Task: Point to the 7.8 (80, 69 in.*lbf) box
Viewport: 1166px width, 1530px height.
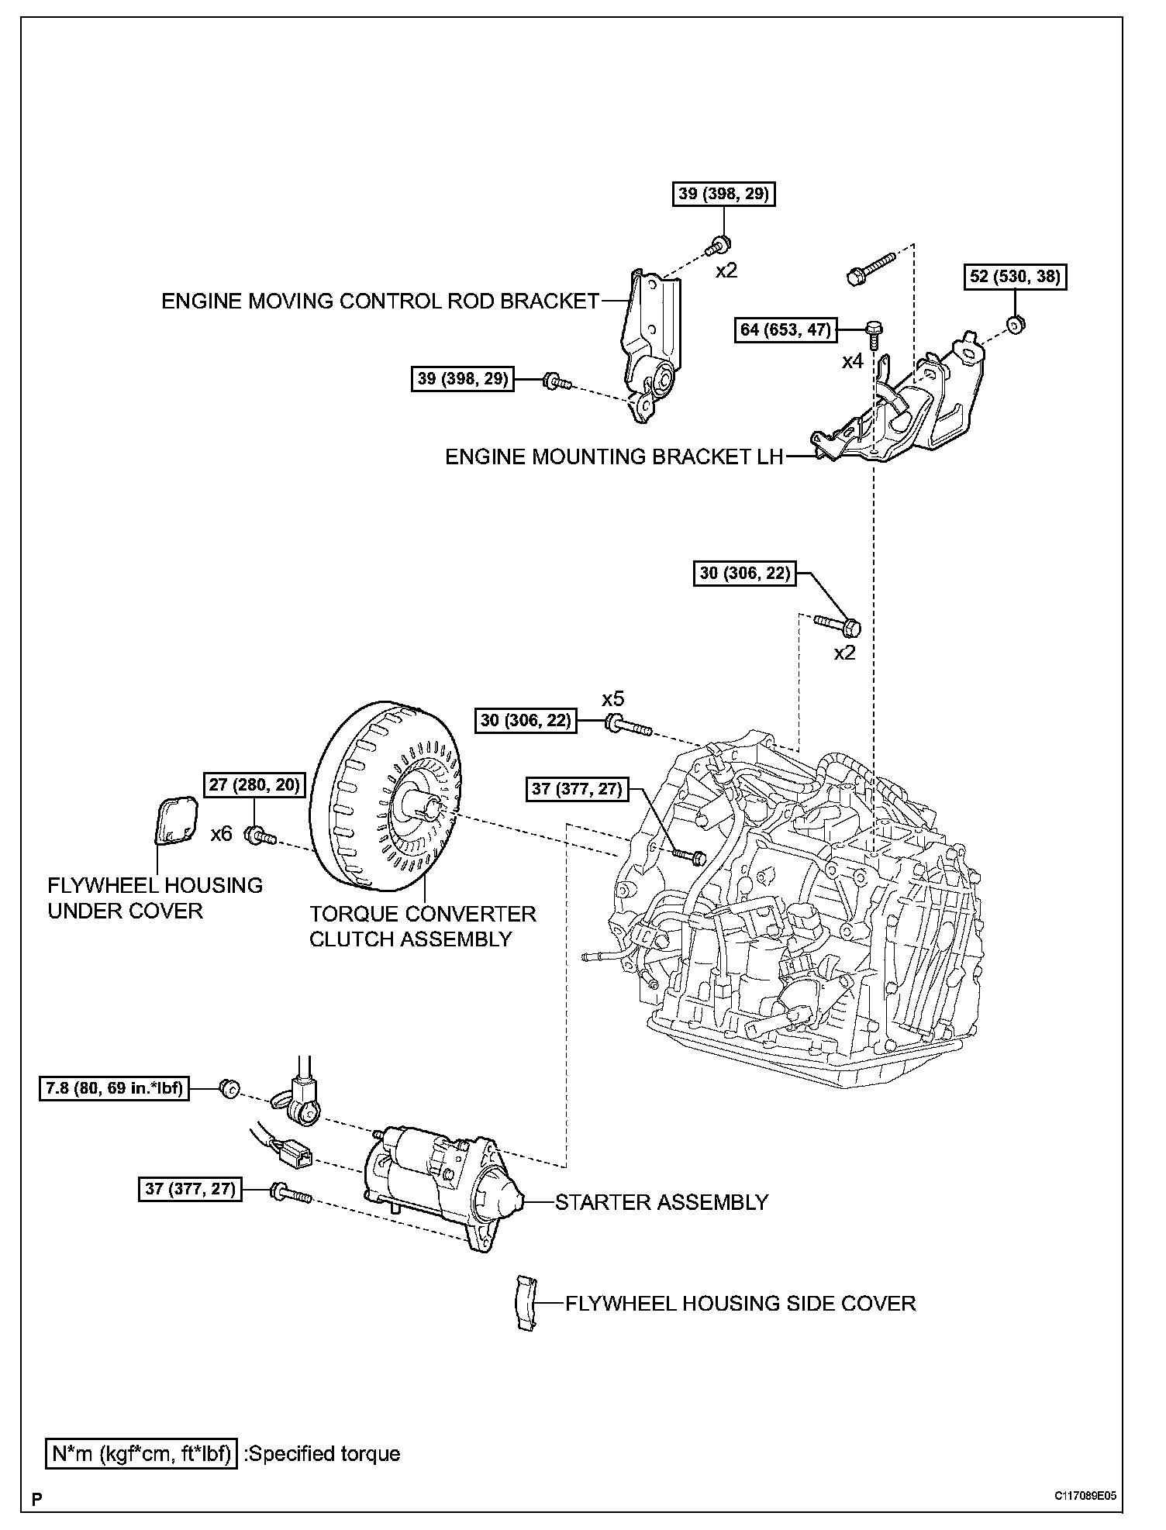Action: (114, 1088)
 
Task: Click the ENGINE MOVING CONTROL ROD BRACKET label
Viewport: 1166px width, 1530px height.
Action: (380, 301)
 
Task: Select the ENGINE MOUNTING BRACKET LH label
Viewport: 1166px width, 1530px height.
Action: (614, 457)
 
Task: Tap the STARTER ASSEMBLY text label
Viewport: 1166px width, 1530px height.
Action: (661, 1202)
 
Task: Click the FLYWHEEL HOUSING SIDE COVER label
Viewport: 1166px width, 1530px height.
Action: (740, 1303)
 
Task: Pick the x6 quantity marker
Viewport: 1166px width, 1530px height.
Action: (222, 834)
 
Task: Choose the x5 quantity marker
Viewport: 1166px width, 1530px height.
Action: (613, 700)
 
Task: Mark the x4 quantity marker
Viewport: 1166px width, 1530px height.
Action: (853, 361)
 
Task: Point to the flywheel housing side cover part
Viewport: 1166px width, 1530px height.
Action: (526, 1303)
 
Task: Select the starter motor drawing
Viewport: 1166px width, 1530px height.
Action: (442, 1186)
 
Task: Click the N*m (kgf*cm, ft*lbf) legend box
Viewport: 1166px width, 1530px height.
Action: (140, 1454)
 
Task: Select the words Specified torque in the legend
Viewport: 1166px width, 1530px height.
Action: (323, 1454)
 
